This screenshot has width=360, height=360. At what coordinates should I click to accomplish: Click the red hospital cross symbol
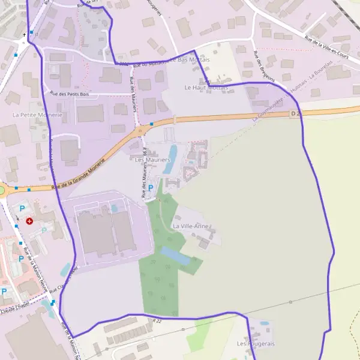pos(29,221)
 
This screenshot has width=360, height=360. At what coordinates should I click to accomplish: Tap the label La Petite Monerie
pos(37,114)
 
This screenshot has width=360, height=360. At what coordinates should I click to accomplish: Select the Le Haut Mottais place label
pos(203,88)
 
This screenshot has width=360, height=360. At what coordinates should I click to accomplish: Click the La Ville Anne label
pos(190,226)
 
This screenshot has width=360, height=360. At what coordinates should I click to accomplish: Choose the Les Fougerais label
pos(256,343)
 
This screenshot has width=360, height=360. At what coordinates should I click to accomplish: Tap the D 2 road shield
pos(295,113)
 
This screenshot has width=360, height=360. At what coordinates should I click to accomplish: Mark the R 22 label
pos(157,322)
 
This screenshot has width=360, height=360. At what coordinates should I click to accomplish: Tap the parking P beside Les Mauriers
pos(151,188)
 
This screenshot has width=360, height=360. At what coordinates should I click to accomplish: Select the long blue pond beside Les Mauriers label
pos(173,154)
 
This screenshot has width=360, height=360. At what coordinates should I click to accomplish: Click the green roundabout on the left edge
pos(1,191)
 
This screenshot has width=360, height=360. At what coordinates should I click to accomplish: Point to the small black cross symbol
pos(25,35)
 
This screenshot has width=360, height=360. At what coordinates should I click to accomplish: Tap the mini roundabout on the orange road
pos(140,131)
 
